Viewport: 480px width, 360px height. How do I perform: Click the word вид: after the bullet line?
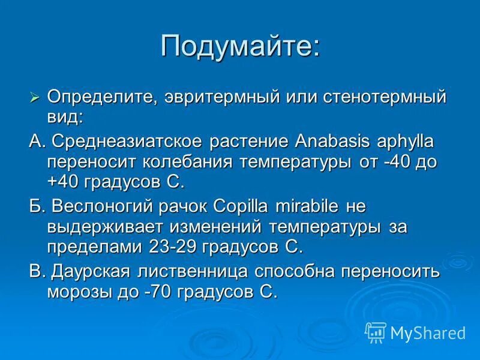click(65, 116)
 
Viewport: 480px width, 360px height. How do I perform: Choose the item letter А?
click(37, 142)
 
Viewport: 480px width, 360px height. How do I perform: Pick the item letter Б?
click(37, 207)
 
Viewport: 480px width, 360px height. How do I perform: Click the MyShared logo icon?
click(376, 332)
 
